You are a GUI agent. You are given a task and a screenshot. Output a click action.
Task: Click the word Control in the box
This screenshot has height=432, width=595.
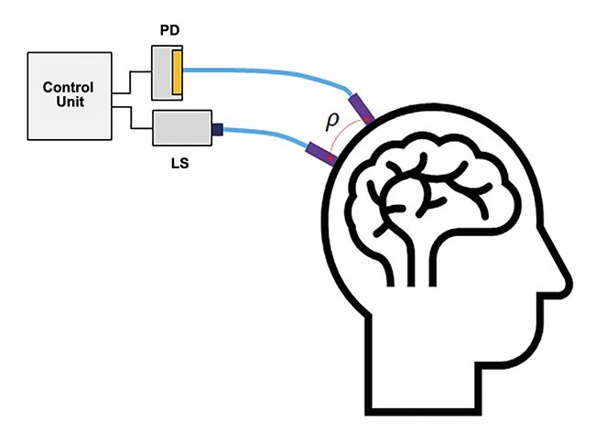(x=69, y=88)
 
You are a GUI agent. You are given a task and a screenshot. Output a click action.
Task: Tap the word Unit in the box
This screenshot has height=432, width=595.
(x=69, y=103)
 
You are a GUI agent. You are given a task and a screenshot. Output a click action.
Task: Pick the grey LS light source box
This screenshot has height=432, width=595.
(x=181, y=129)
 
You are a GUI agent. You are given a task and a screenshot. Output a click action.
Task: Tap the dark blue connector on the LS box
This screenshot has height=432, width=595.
(x=218, y=130)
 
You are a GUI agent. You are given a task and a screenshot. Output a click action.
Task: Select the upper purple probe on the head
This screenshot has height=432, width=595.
(x=361, y=104)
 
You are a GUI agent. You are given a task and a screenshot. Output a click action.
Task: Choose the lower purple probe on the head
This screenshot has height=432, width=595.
(x=320, y=154)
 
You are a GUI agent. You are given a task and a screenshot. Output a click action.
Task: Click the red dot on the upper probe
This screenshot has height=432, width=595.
(x=369, y=117)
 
